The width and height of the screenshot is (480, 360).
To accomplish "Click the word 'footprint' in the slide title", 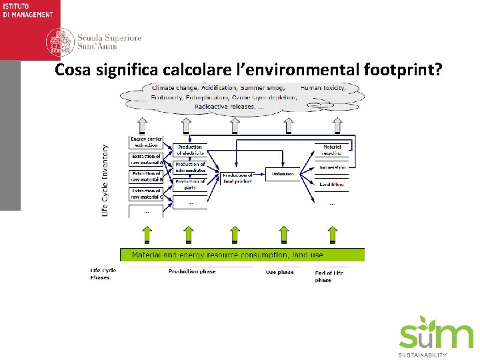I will (401, 70).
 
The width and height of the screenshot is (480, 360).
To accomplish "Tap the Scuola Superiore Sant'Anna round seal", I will (59, 43).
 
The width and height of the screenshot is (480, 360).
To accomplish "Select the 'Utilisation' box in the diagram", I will (283, 174).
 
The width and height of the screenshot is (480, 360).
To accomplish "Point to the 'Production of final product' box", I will (237, 178).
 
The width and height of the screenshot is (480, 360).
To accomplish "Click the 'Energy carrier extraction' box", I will (146, 142).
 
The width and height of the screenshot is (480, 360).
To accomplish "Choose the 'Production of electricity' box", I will (190, 150).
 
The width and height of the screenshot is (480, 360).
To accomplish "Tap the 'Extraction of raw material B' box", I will (146, 177).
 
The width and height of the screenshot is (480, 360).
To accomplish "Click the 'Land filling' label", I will (331, 184).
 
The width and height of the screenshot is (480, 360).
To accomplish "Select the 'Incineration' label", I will (332, 168).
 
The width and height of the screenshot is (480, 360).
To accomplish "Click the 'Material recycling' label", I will (332, 150).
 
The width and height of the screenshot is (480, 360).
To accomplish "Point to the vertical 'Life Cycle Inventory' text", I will (105, 180).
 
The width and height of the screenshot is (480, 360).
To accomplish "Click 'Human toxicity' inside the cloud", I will (323, 88).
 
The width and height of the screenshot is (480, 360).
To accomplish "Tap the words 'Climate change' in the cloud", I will (174, 88).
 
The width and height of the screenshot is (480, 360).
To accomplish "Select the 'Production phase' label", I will (192, 272).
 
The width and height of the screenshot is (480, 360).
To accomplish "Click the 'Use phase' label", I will (280, 272).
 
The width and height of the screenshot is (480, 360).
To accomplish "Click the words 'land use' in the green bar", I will (308, 255).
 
